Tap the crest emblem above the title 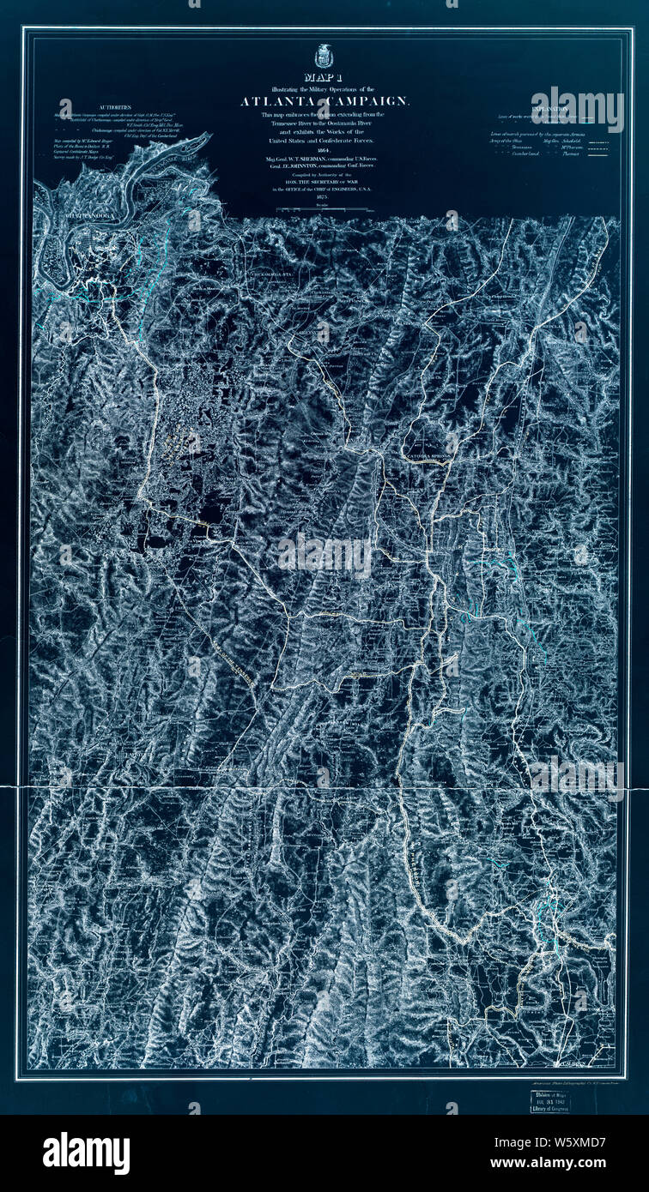pyautogui.click(x=324, y=55)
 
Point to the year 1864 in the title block pyautogui.click(x=324, y=152)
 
